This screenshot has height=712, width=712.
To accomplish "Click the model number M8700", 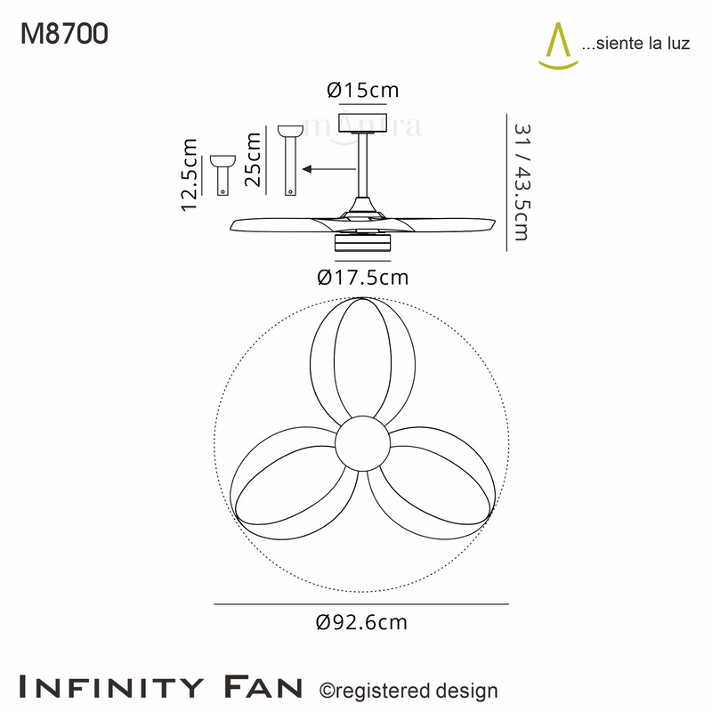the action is (64, 34).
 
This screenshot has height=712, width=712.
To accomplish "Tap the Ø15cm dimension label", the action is (363, 90).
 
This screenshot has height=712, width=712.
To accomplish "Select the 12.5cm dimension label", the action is (189, 174).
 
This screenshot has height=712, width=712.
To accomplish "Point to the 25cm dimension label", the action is (253, 160).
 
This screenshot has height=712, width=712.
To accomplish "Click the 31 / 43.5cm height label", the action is (522, 182).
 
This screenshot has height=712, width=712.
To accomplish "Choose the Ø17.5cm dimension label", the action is (363, 277).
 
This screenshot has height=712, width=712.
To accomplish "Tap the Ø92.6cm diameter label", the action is (361, 622).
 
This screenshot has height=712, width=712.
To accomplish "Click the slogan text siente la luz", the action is (635, 44).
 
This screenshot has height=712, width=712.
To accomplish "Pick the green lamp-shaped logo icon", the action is (558, 46).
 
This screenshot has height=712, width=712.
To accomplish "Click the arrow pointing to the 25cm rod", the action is (329, 169).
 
